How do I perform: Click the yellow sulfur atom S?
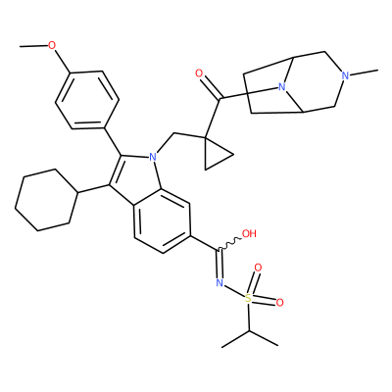tap(249, 298)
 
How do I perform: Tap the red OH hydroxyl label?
tap(249, 234)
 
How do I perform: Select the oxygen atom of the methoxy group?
tap(52, 45)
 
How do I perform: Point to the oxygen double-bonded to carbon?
tap(199, 73)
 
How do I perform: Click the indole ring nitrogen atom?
tap(153, 158)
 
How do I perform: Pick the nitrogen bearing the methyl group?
tap(345, 75)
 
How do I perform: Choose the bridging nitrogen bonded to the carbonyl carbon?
tap(282, 87)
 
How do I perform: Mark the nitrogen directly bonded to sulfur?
tap(220, 283)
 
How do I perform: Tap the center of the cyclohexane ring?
tap(46, 200)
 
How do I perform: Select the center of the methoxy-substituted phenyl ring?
tap(87, 100)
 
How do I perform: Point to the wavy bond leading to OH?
tap(229, 244)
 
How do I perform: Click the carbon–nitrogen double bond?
tap(219, 264)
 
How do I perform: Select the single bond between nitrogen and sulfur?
tap(234, 290)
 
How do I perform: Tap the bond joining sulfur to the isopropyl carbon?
tap(249, 317)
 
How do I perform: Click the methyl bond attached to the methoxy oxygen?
tap(33, 46)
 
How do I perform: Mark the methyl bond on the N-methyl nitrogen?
tap(364, 73)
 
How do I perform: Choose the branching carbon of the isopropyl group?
tap(249, 331)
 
